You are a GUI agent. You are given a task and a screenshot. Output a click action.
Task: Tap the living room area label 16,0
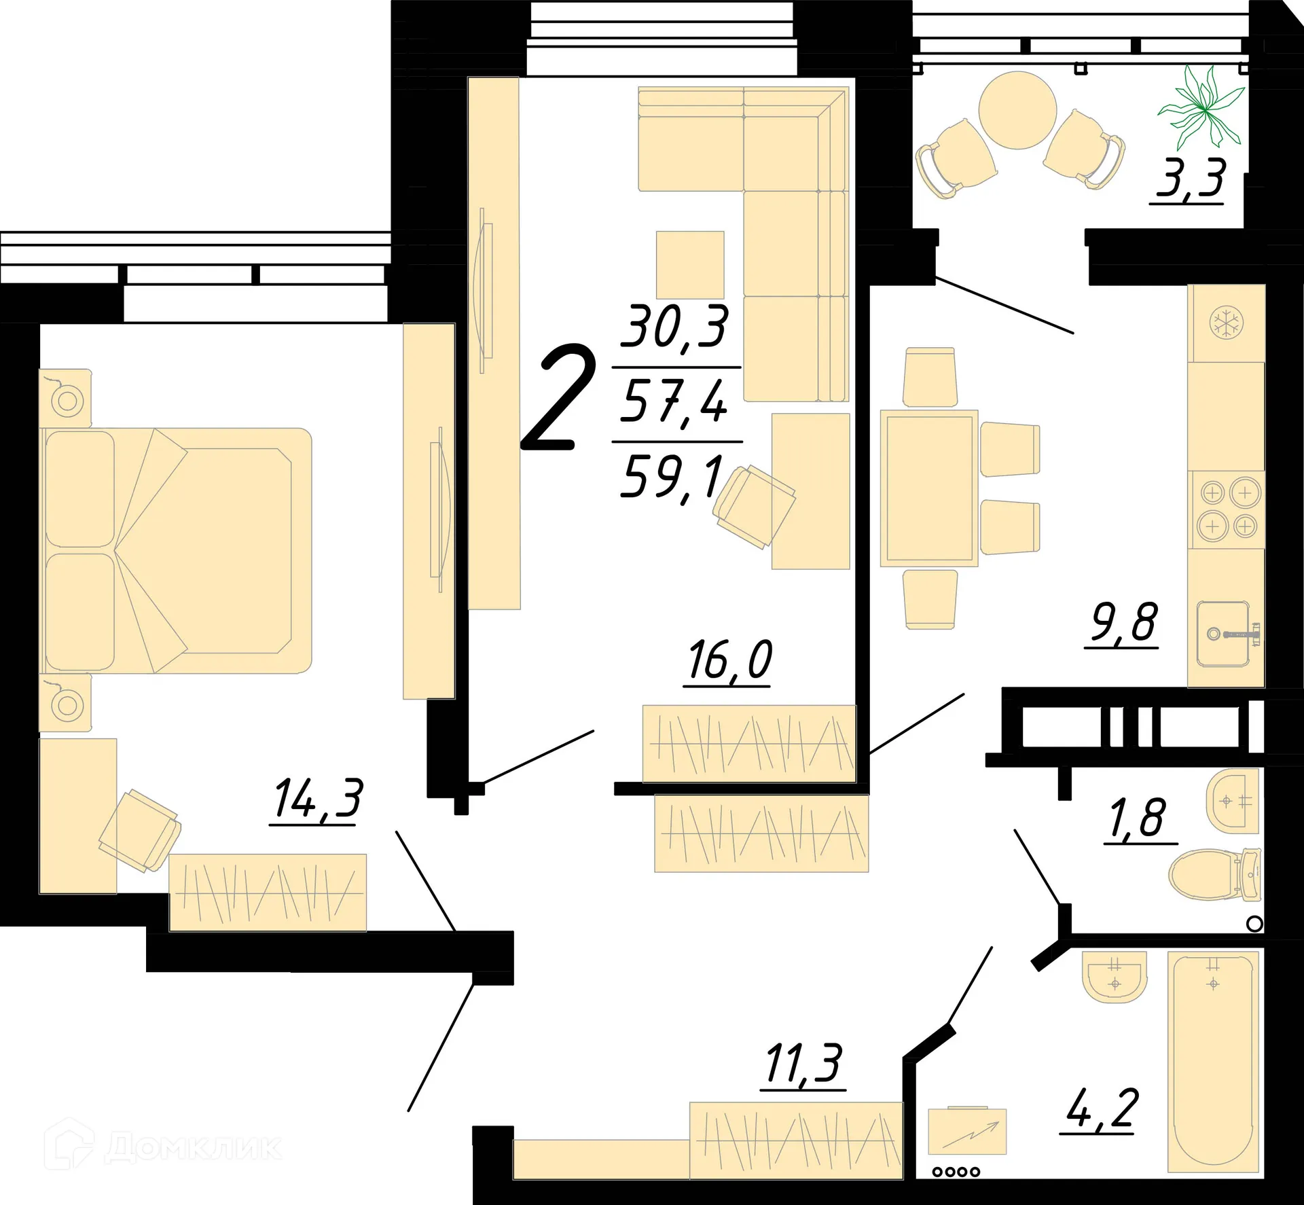[729, 660]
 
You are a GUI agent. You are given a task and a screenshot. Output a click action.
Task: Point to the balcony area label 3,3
[1190, 178]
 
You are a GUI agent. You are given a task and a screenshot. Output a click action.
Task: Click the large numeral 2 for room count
[558, 399]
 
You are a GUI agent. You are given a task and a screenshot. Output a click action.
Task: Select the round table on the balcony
[1017, 110]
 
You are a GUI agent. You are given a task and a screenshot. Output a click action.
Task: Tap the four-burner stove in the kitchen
[1228, 509]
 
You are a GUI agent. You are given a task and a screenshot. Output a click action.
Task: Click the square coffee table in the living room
[689, 264]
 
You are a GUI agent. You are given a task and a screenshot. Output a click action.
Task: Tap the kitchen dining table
[929, 488]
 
